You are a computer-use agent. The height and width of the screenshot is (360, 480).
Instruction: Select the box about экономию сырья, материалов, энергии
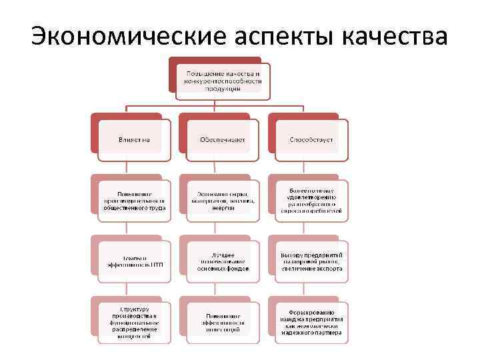(222, 199)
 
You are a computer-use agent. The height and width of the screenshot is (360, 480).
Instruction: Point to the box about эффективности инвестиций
(222, 322)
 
